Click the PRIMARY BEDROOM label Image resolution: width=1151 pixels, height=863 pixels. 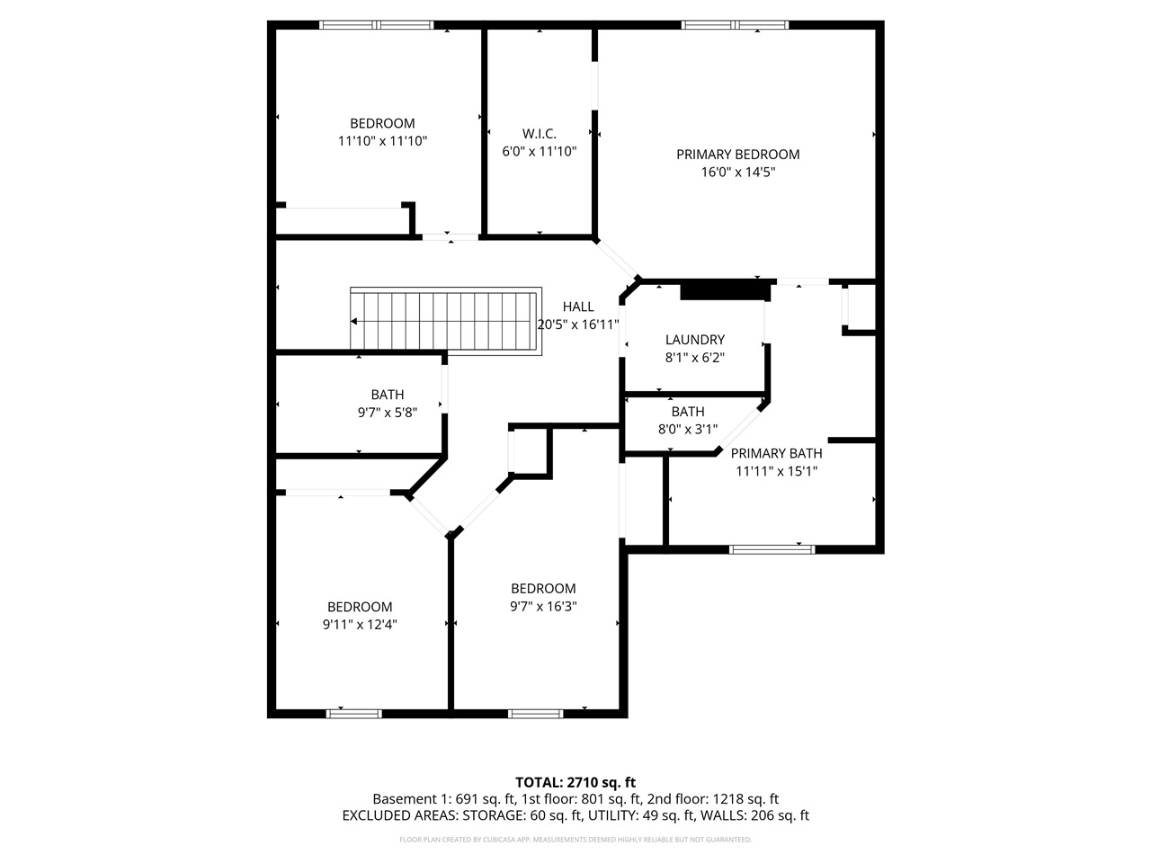click(737, 155)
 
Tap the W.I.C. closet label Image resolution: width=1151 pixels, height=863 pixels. click(539, 134)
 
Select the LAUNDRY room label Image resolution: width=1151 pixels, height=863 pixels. click(694, 340)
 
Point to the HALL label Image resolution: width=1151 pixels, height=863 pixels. click(578, 307)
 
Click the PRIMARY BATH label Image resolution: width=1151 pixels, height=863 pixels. click(776, 453)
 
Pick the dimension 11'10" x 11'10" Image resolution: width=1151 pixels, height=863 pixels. click(382, 141)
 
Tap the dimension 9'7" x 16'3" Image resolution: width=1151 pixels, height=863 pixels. click(542, 606)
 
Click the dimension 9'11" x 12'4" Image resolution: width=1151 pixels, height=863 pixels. click(360, 624)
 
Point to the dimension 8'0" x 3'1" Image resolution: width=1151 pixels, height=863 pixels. click(688, 429)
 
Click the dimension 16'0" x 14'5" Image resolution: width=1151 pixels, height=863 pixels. click(737, 172)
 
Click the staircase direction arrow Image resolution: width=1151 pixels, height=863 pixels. click(356, 321)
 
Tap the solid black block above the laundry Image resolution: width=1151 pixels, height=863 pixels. click(725, 290)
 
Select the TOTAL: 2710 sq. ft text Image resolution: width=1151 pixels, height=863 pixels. click(575, 782)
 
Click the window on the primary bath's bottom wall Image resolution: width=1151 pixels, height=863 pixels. click(772, 548)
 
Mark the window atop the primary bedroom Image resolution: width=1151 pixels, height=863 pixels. click(736, 25)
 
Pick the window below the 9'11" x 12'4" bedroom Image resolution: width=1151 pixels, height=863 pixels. click(353, 714)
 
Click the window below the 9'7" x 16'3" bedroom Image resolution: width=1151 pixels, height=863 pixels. click(536, 714)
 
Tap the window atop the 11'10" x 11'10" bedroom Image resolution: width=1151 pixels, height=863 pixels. click(377, 25)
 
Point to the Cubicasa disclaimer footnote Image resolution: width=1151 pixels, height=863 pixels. click(575, 840)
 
